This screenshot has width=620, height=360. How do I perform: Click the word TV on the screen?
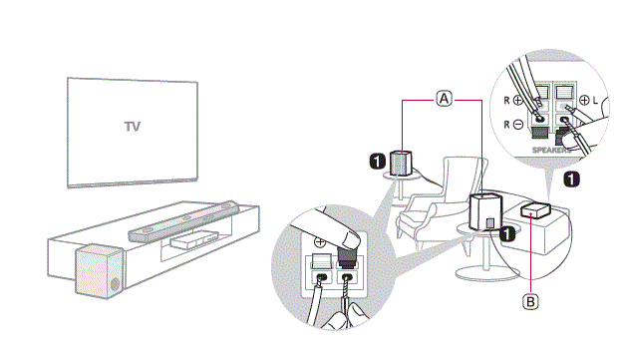coord(132,127)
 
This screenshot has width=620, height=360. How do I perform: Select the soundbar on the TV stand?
coord(184,221)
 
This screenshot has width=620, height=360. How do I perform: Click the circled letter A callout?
coord(444,99)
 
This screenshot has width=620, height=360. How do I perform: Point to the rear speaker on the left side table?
coord(399,162)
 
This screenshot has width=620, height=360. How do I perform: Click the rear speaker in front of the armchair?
coord(486,210)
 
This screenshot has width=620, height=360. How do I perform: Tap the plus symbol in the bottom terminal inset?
coord(321,241)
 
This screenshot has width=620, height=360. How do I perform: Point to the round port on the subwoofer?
coord(113,284)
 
